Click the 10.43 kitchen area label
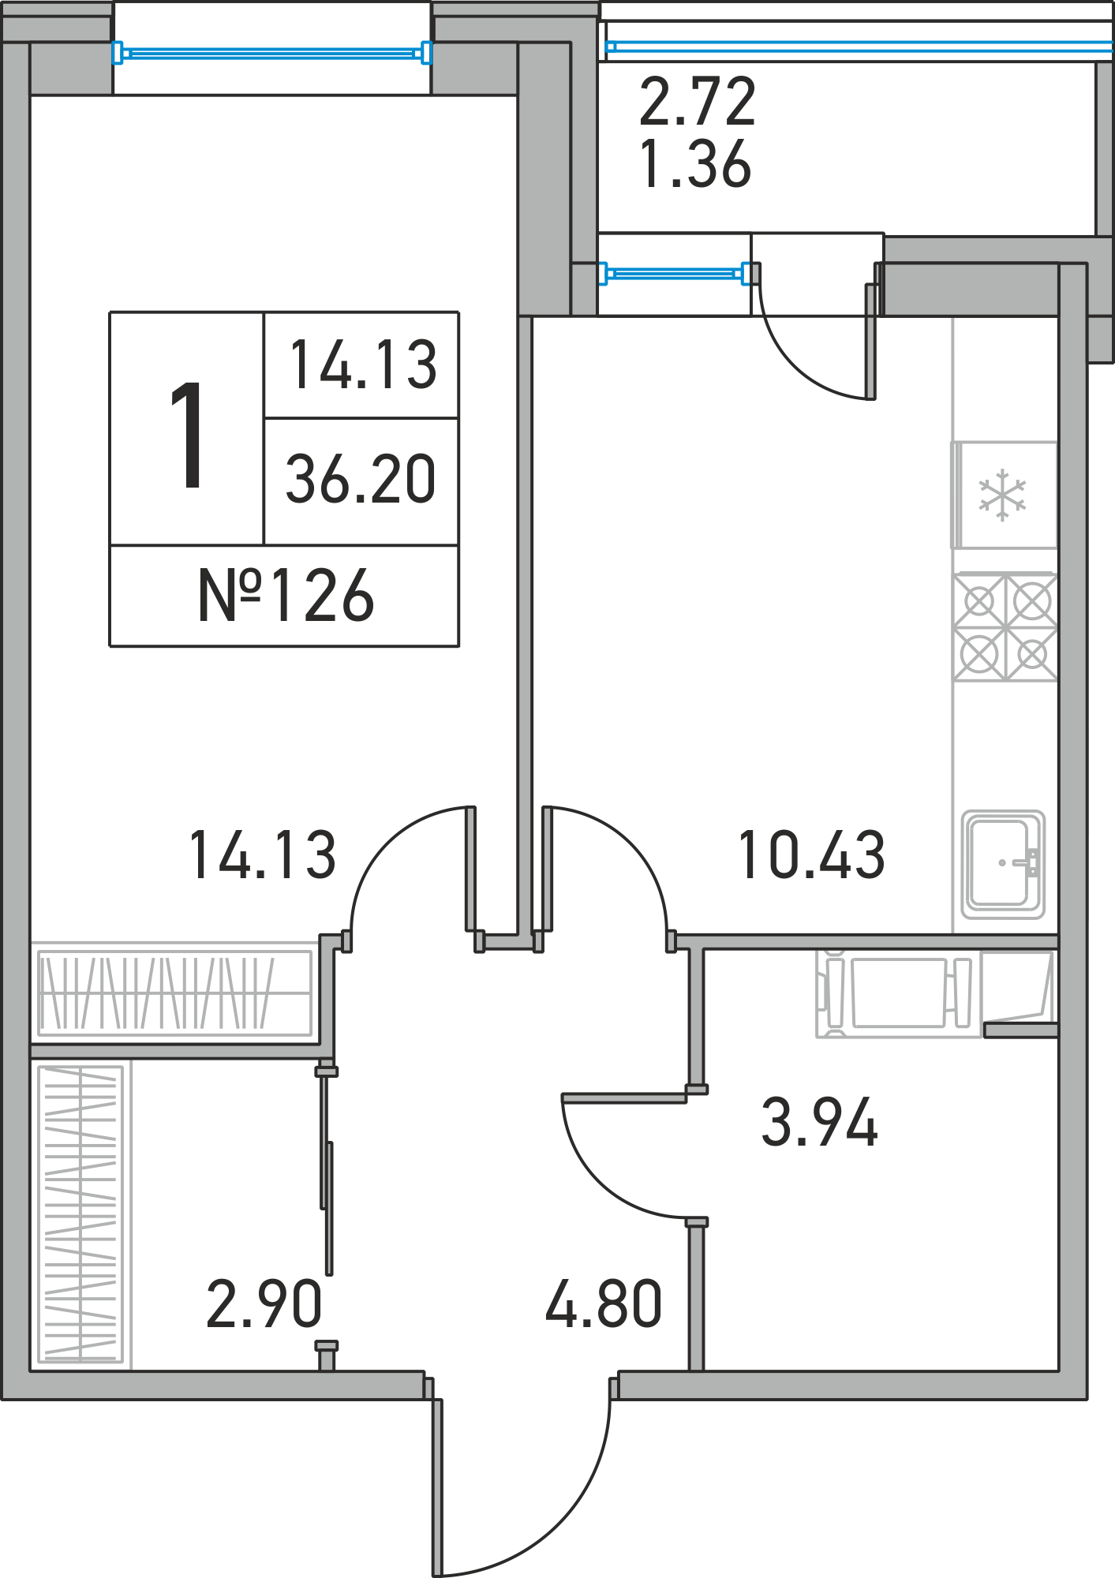(x=811, y=855)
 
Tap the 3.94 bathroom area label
(x=819, y=1122)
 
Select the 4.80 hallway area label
(x=604, y=1303)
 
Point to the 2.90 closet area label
(x=264, y=1303)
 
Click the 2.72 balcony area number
(x=698, y=101)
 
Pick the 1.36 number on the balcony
(x=695, y=164)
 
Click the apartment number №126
(x=286, y=596)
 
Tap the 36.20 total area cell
(x=361, y=479)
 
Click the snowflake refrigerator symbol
(x=1002, y=495)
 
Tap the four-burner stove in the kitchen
(x=1005, y=627)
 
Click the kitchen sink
(x=1003, y=865)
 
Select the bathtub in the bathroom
(x=899, y=993)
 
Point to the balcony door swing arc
(x=797, y=364)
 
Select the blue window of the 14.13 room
(x=272, y=53)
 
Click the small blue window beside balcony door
(x=675, y=274)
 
